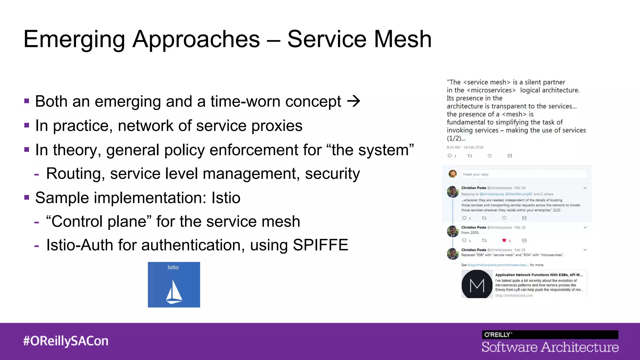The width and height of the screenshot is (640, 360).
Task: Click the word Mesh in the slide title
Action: (403, 39)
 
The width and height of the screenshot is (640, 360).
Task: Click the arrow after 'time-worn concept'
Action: (354, 101)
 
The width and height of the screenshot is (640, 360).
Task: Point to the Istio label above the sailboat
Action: (173, 267)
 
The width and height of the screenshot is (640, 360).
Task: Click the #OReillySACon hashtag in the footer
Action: (66, 341)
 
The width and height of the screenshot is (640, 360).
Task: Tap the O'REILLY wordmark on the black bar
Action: (498, 335)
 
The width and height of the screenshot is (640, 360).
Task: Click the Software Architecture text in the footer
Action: (550, 347)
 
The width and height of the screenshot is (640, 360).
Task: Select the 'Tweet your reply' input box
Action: (523, 174)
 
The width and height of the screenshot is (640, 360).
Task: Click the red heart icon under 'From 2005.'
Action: (504, 240)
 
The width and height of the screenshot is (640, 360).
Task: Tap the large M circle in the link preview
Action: (477, 285)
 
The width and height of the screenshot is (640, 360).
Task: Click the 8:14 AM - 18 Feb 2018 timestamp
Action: (465, 147)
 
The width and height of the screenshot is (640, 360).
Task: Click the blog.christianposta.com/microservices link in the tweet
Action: (498, 265)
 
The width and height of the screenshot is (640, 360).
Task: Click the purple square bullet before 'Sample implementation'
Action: (27, 197)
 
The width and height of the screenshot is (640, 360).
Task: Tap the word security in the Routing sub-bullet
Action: (332, 174)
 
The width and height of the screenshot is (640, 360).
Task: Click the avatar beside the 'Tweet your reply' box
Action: (452, 174)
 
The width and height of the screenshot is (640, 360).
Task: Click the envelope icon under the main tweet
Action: (510, 156)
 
